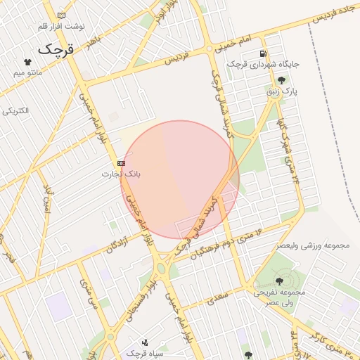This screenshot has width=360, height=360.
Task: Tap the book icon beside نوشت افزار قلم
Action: tap(62, 15)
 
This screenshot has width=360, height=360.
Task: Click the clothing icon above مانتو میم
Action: tap(28, 62)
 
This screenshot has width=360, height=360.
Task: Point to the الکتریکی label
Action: tap(15, 111)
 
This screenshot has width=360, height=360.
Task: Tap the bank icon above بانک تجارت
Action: tap(122, 162)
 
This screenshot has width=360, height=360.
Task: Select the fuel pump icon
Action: tap(263, 53)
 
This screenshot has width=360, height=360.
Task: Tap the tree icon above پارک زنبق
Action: tap(281, 80)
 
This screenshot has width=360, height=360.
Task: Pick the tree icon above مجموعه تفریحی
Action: tap(279, 281)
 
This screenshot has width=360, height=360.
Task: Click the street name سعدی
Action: tap(219, 298)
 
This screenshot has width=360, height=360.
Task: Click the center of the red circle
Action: tap(180, 179)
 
